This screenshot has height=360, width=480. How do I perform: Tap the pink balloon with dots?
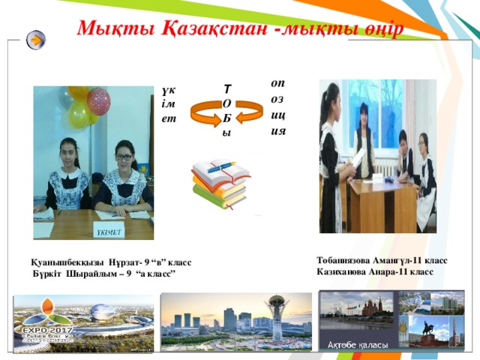tap(98, 100)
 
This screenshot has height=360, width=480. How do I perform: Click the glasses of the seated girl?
tap(123, 158)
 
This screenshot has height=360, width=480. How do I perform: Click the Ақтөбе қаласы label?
tap(358, 344)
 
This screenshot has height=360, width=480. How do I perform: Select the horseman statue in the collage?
tap(430, 328)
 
